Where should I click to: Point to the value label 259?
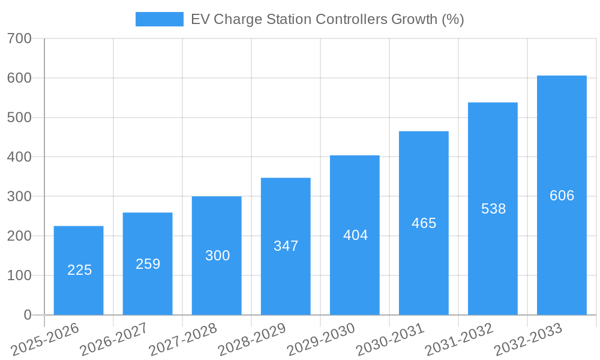[148, 264]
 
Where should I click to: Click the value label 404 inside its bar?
[355, 235]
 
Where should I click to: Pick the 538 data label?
[493, 209]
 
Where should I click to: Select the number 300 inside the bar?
[217, 256]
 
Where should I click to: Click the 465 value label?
[424, 223]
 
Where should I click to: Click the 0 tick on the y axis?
[27, 315]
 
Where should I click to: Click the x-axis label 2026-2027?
[113, 340]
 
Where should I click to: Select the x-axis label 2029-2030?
[320, 340]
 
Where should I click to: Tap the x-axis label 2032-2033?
[527, 340]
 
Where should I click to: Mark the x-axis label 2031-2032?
[458, 340]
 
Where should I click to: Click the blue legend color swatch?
[159, 19]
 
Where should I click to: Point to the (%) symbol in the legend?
[452, 19]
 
